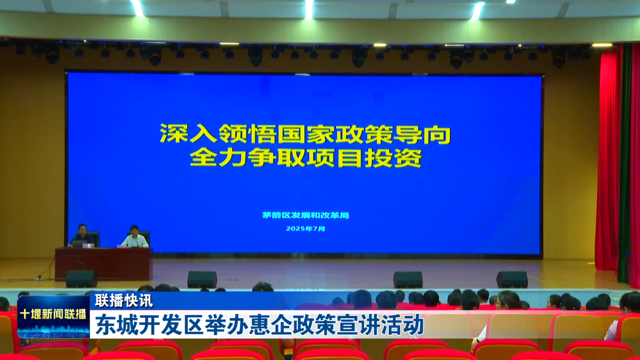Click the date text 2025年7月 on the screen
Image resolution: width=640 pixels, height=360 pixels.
(305, 229)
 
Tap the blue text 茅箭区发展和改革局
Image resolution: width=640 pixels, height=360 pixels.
(305, 215)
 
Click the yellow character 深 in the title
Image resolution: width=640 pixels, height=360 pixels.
(174, 134)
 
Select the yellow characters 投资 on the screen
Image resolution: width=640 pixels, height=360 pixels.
(394, 158)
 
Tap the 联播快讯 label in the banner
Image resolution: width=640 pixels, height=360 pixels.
(124, 301)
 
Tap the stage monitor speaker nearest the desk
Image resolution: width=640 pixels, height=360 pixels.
(81, 279)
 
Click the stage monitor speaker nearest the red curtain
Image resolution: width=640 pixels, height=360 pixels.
(512, 279)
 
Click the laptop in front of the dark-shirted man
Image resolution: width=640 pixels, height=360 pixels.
(79, 244)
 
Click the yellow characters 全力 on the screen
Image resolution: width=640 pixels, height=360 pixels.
(218, 158)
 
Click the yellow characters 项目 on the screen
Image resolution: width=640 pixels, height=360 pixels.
(335, 158)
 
